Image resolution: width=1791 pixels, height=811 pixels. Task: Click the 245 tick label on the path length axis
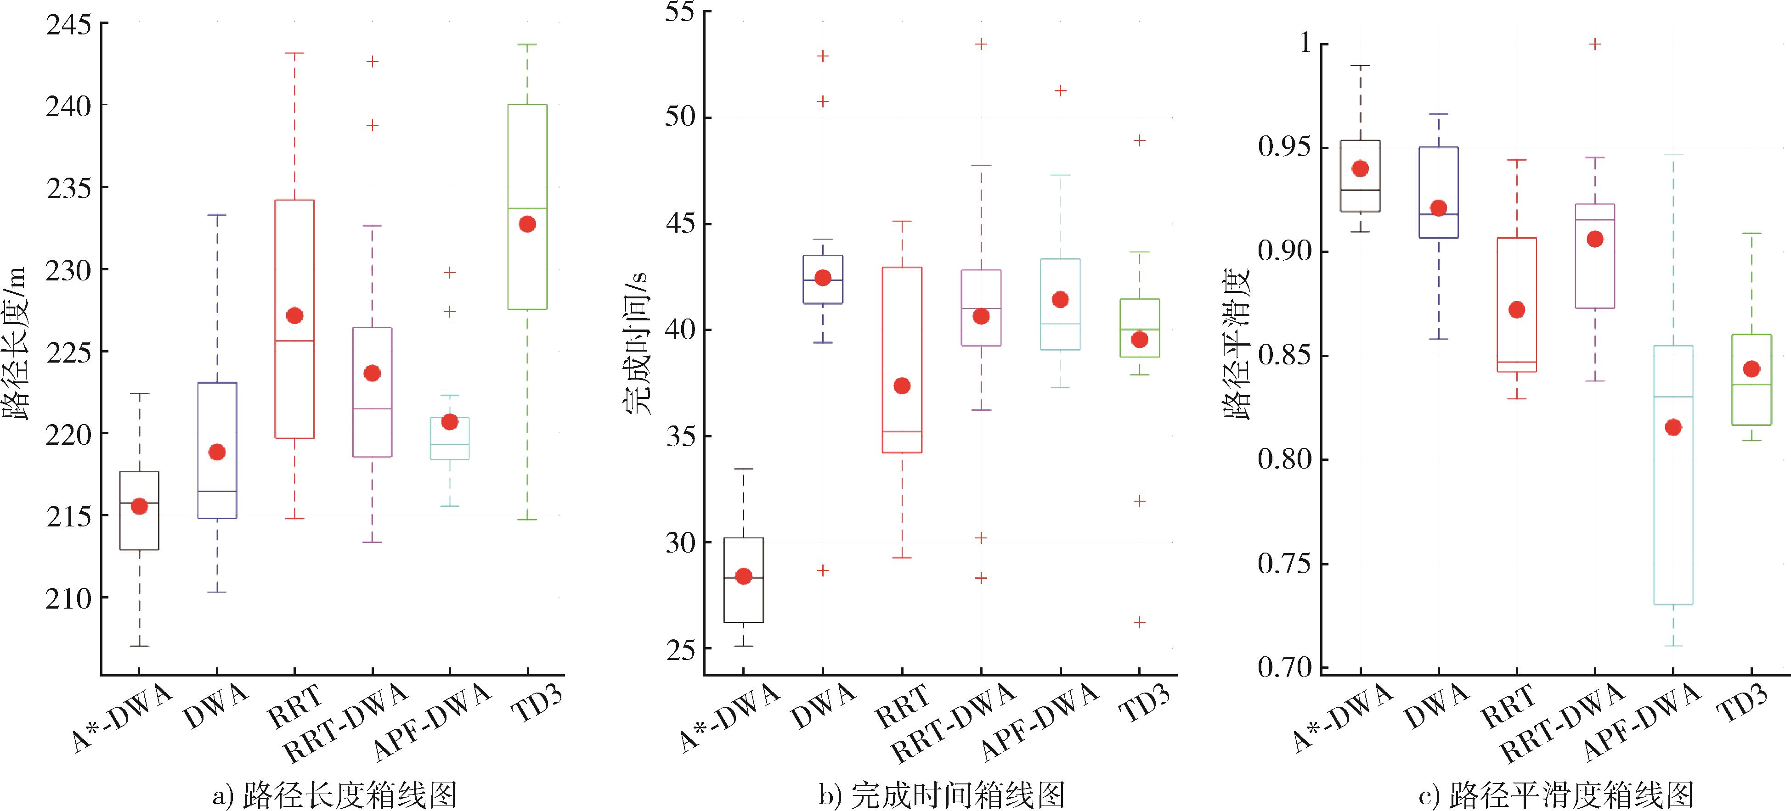tap(68, 25)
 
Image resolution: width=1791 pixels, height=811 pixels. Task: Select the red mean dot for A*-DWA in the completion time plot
tap(743, 576)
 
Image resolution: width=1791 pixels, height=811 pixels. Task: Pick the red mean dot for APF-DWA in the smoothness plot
tap(1673, 427)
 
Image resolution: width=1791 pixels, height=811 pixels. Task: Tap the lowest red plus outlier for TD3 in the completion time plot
tap(1140, 623)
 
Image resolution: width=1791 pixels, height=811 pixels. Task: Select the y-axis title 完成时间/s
tap(636, 344)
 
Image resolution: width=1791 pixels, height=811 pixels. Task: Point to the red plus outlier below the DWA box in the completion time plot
tap(823, 570)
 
